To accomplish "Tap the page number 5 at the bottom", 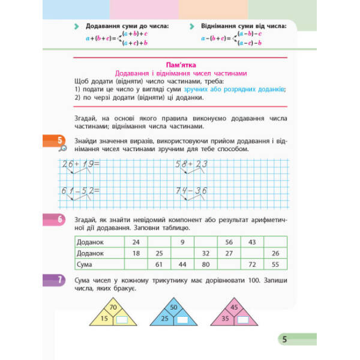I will (x=285, y=340).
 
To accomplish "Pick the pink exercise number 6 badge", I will (x=61, y=220).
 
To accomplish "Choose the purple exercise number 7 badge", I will (x=61, y=279).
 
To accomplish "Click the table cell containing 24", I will (x=135, y=242).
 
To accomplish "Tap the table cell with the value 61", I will (x=159, y=264).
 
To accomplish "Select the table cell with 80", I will (x=206, y=264).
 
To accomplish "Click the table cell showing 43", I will (x=252, y=242).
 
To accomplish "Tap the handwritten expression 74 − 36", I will (x=191, y=191).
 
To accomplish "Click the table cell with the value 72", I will (x=252, y=264).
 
